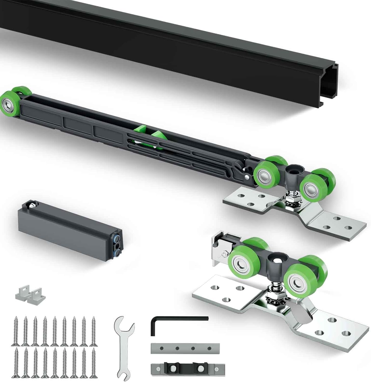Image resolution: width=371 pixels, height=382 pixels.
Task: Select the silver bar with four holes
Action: pyautogui.click(x=185, y=348)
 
